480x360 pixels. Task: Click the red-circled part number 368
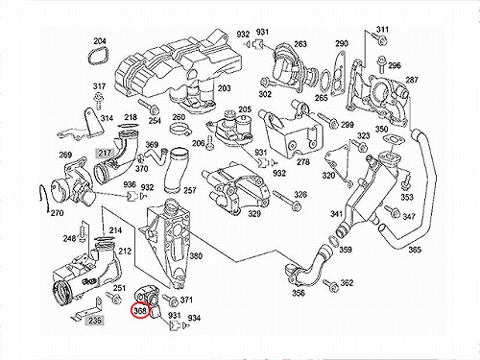coord(140,310)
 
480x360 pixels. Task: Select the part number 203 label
coord(224,87)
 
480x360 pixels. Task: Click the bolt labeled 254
coord(148,107)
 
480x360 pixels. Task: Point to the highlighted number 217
coord(104,153)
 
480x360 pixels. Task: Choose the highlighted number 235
coord(95,320)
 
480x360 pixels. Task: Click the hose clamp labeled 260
coord(179,129)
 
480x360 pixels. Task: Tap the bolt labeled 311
coord(379,38)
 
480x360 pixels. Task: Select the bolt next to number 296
coord(381,65)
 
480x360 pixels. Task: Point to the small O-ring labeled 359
coord(333,241)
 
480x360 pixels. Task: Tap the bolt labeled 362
coord(330,284)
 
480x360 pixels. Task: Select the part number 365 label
coord(415,250)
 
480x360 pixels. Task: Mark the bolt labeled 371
coord(170,300)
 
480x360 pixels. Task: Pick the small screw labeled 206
coord(209,142)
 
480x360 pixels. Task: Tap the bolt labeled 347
coord(393,211)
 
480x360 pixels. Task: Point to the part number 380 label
coord(196,255)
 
